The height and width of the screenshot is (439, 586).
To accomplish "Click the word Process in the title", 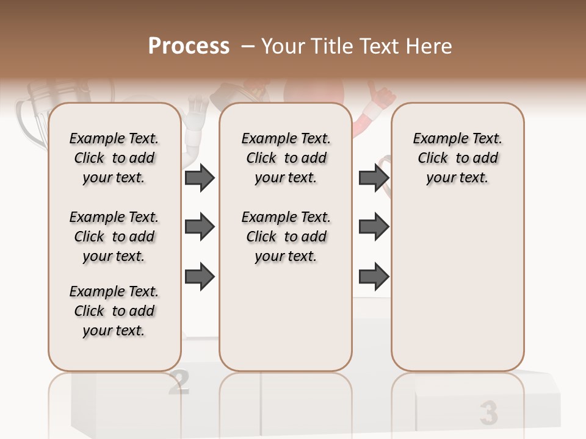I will pos(189,46).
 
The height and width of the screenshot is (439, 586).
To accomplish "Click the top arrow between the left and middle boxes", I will pos(200,178).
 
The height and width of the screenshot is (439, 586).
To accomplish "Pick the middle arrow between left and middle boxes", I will pos(200,227).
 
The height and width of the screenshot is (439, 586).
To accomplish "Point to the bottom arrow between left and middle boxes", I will pos(200,277).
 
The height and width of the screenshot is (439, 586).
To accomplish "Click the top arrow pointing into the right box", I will pos(374,178).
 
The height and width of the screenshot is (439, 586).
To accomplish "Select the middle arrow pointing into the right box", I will pos(374,227).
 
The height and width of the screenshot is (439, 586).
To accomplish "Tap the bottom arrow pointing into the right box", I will pos(374,277).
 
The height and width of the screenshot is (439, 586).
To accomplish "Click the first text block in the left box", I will pos(114,159).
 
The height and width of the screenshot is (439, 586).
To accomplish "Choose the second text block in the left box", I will pos(114,237).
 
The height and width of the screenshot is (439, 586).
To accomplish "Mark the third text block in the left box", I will pos(114,311).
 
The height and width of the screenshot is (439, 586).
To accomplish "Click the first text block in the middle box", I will pos(286,159).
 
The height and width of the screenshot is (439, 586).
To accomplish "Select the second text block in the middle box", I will pos(286,237).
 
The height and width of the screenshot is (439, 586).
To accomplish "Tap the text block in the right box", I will pos(458,159).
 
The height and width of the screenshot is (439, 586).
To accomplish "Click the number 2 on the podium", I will pos(178,382).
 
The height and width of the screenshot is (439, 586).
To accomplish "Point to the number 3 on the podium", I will pos(488,413).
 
